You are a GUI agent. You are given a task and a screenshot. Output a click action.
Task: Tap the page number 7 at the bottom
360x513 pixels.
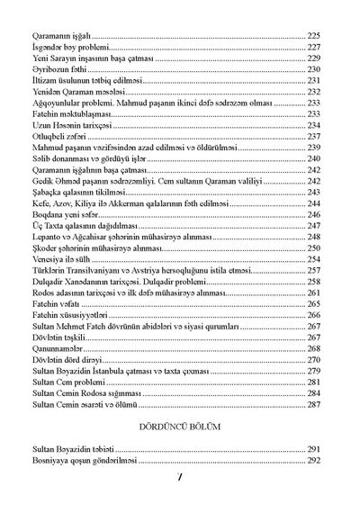pyautogui.click(x=180, y=494)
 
